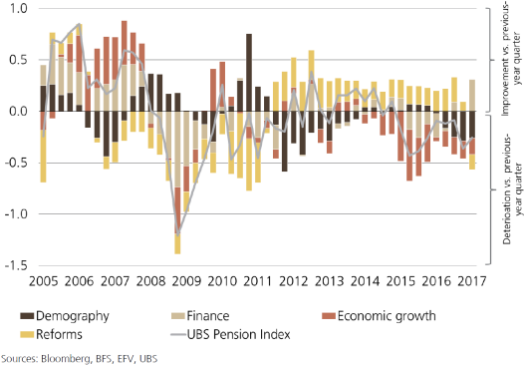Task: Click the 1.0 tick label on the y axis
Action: point(19,8)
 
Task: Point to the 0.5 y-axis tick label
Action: point(19,60)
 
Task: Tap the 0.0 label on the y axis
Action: point(19,111)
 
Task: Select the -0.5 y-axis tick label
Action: point(16,163)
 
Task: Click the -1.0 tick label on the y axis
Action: point(16,213)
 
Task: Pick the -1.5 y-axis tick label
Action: point(16,265)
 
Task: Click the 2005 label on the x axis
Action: point(43,281)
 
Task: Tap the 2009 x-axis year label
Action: point(186,281)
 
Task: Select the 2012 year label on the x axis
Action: point(294,281)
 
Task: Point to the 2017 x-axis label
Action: point(472,281)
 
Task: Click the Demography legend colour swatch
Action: point(27,316)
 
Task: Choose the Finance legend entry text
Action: point(208,316)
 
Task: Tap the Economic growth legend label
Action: point(387,316)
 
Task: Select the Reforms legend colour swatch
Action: point(27,334)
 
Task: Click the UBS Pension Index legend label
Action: point(238,334)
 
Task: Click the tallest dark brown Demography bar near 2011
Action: point(249,73)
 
